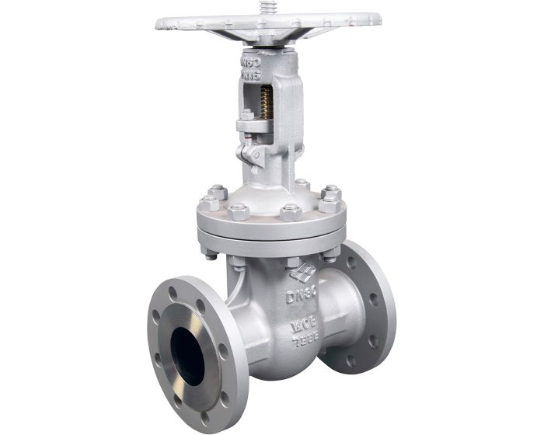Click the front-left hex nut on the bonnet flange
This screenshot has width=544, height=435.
tap(239, 211)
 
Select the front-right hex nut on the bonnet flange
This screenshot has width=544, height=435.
tap(291, 212)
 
